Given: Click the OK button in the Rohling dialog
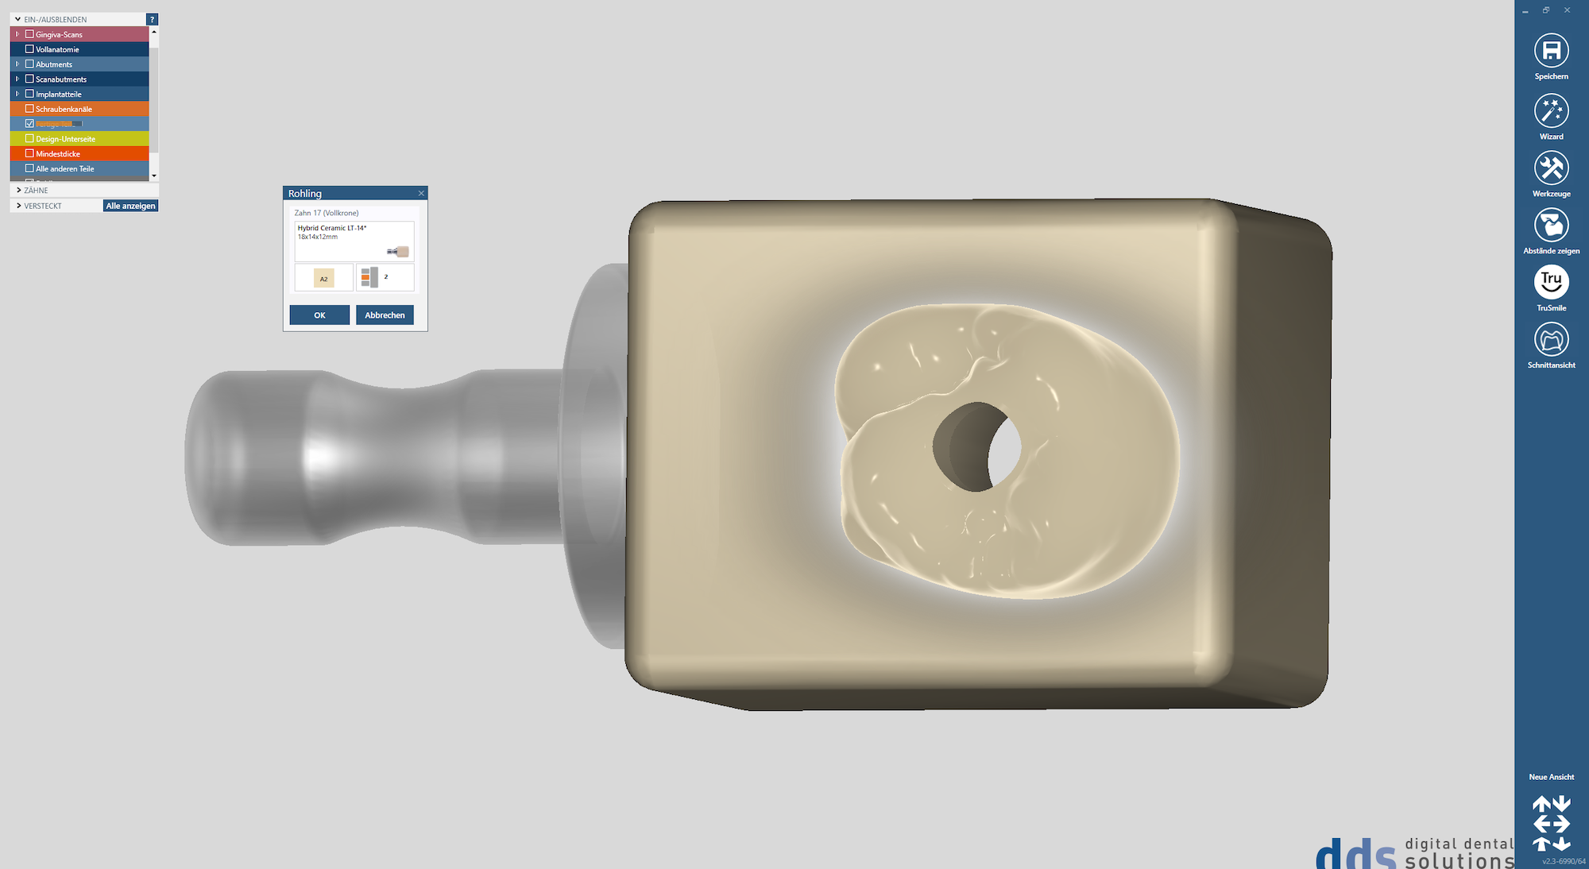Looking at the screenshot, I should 319,315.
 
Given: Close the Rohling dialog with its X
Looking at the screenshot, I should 421,193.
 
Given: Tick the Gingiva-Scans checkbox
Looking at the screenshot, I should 29,34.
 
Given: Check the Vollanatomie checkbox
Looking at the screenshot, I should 29,49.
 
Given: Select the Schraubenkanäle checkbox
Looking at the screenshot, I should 29,109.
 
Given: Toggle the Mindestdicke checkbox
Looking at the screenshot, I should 29,153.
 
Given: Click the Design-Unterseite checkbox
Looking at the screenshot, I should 29,138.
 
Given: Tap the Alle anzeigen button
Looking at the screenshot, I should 131,206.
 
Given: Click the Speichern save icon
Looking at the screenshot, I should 1551,51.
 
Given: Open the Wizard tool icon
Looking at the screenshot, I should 1551,111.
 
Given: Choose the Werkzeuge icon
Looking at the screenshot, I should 1551,168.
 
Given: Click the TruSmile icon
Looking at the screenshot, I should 1551,282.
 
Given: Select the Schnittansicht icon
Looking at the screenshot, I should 1551,340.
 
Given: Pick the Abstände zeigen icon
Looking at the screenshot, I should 1551,226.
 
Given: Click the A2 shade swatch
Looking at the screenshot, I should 323,278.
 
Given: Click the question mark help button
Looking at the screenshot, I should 152,19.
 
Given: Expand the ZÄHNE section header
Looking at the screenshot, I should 36,191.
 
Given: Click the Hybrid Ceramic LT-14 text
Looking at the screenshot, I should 332,228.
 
